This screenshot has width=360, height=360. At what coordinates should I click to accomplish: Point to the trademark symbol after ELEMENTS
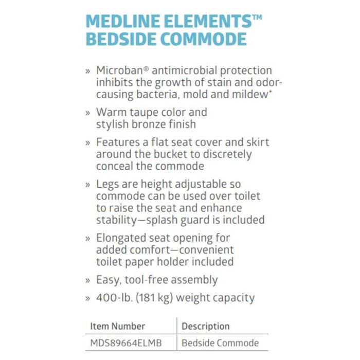[x=257, y=17]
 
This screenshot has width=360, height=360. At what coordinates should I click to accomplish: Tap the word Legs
[x=107, y=184]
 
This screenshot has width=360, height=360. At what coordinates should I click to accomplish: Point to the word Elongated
[x=122, y=238]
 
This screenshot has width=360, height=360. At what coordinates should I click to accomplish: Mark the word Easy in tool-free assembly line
[x=108, y=280]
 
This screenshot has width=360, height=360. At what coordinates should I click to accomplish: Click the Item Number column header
[x=118, y=326]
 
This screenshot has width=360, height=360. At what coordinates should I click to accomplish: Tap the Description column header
[x=206, y=326]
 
